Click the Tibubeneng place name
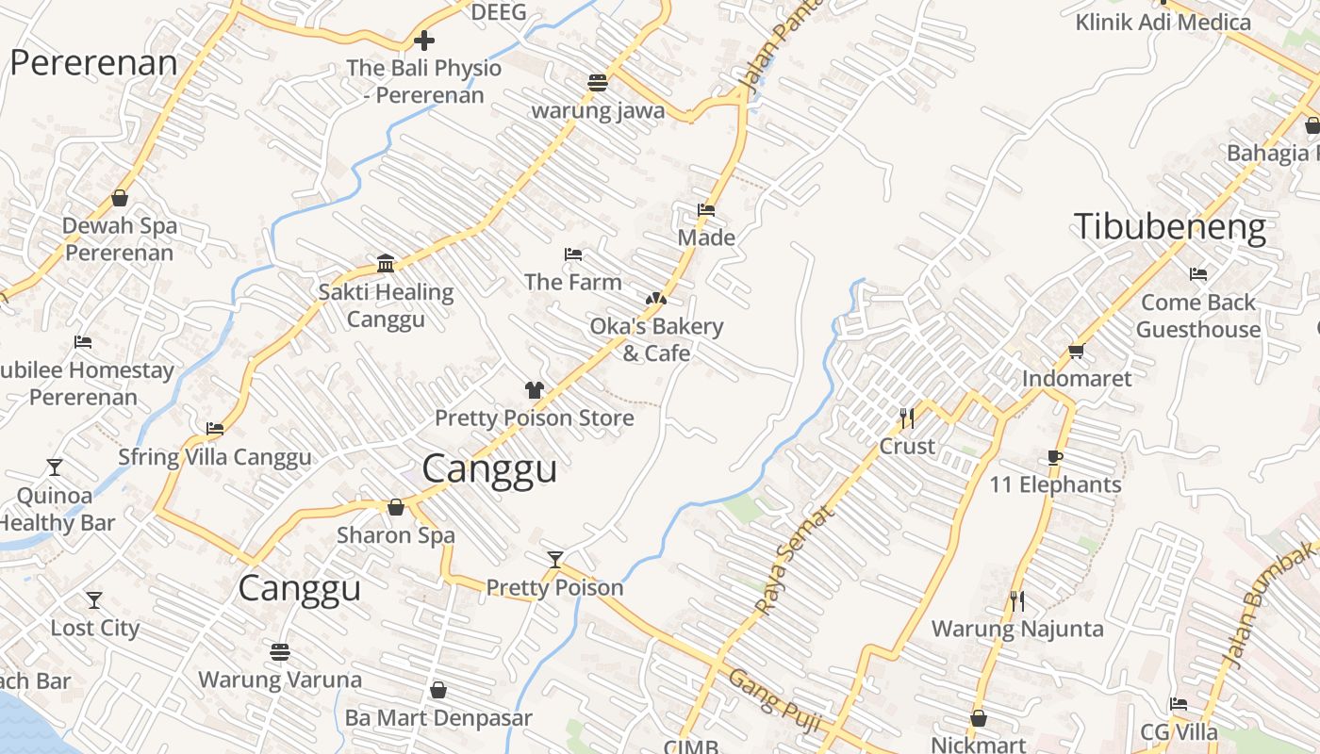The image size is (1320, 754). point(1169,227)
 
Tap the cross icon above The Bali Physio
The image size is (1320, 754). point(424,41)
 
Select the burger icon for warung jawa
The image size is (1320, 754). point(597,83)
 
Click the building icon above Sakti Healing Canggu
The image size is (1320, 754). point(386,263)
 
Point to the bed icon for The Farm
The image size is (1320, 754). point(572,254)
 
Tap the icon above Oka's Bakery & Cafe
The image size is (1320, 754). point(655,299)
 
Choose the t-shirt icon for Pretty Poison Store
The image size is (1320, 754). point(535,390)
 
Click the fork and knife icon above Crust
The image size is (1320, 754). point(907,418)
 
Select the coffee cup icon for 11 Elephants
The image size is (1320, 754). point(1055,458)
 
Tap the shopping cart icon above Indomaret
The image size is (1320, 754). point(1076,352)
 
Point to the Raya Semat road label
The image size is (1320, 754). point(795,561)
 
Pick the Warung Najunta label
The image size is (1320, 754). point(1017,629)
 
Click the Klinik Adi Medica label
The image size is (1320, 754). point(1163,22)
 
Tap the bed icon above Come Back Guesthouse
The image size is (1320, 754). point(1198,274)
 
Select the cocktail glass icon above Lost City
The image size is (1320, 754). point(94,599)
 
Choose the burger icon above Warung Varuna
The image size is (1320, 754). point(279,651)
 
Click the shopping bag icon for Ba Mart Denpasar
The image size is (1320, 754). point(437,691)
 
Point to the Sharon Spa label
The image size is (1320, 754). point(396,535)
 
